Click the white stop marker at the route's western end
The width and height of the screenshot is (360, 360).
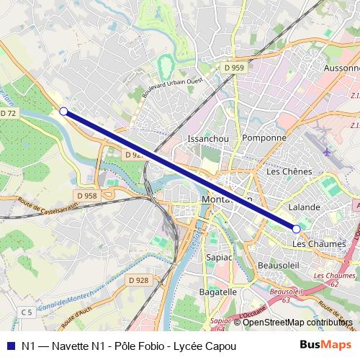coord(63,111)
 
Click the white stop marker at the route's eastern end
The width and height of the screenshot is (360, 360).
coord(296,228)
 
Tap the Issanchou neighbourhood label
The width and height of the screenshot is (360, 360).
coord(208,138)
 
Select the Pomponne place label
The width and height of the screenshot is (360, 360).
coord(264,138)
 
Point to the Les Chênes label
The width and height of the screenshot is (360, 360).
coord(289,171)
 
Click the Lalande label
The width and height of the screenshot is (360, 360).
coord(303,207)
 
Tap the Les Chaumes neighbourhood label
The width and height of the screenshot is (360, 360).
coord(320,244)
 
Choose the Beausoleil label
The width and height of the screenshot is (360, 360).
coord(279,266)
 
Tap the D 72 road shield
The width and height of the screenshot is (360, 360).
coord(8,114)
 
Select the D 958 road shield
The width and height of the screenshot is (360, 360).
coord(86,196)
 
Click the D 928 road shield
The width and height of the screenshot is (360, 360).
coord(138,279)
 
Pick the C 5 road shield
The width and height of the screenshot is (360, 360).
coord(27,312)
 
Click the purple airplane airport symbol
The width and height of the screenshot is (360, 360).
coord(328,152)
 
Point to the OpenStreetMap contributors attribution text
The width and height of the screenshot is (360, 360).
coord(293,322)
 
